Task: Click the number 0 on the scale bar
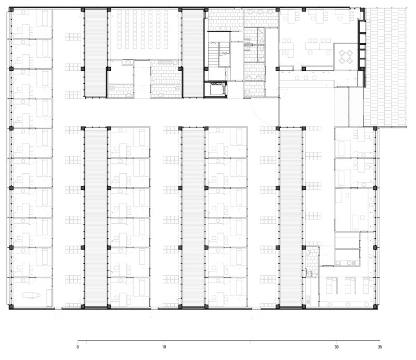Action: click(x=77, y=347)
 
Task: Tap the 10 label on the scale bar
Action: click(x=164, y=347)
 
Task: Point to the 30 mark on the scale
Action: click(x=336, y=347)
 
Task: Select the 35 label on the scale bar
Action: click(x=380, y=347)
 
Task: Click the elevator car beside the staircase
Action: click(x=215, y=89)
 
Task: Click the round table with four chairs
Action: click(x=346, y=56)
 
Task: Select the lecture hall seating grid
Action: click(x=144, y=30)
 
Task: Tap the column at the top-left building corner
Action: click(x=11, y=10)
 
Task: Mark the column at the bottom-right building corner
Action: click(x=375, y=307)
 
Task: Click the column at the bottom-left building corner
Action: click(x=11, y=307)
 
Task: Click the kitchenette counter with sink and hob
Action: click(x=347, y=263)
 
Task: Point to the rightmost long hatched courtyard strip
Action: click(x=291, y=217)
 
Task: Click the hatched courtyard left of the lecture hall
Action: click(x=96, y=53)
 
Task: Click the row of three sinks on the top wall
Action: click(x=261, y=12)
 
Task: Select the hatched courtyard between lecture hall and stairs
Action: click(x=193, y=53)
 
